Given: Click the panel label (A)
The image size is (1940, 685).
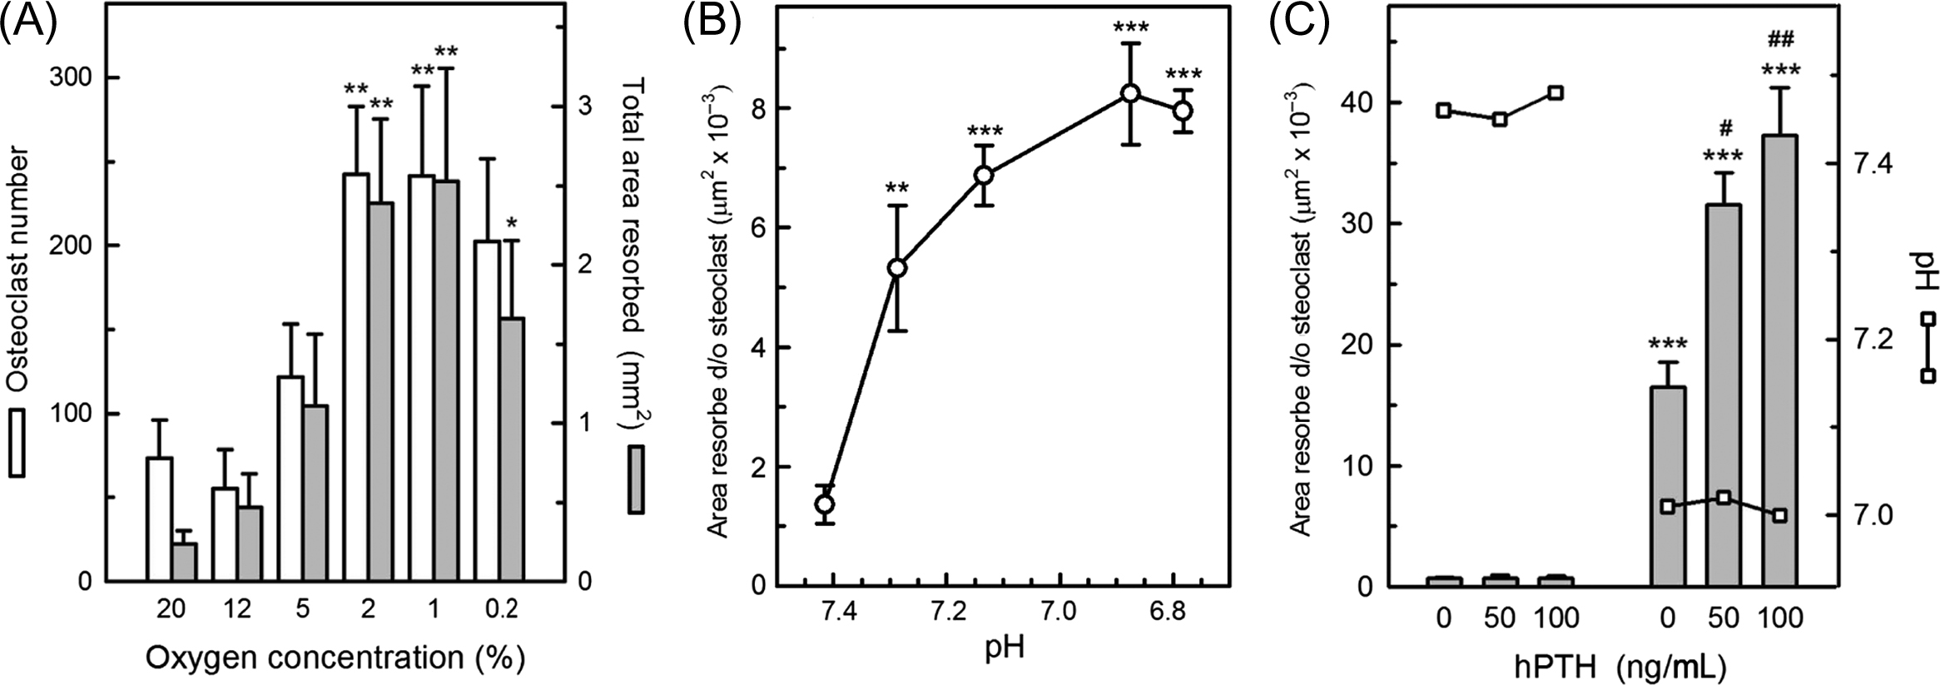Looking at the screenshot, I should [29, 22].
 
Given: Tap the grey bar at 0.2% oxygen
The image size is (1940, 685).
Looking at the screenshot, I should [513, 449].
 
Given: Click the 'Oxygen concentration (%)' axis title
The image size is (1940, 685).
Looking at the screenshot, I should [335, 658].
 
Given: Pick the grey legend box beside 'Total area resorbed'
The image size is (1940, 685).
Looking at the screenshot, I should [637, 479].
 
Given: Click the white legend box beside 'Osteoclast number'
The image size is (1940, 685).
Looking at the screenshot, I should [17, 442].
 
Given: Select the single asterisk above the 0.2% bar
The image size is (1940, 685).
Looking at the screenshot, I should [513, 223].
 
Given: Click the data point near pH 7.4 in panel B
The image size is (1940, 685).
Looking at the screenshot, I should [825, 504].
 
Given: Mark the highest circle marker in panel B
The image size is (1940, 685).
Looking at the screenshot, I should [1129, 93].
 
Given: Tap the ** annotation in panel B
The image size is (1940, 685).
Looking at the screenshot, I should [896, 187].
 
